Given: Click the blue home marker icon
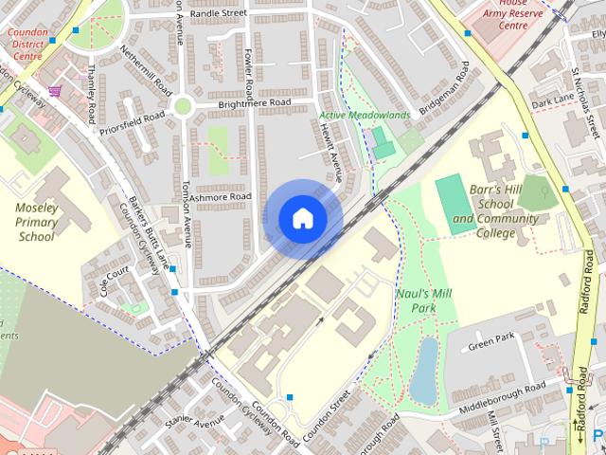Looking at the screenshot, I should [x=303, y=219].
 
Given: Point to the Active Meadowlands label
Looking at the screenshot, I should [x=365, y=116].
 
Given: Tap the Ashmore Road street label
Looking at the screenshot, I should [x=219, y=196].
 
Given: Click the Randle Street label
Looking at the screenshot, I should [x=218, y=14].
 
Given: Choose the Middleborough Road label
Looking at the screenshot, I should [x=503, y=395].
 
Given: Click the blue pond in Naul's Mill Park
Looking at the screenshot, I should [x=424, y=370].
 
